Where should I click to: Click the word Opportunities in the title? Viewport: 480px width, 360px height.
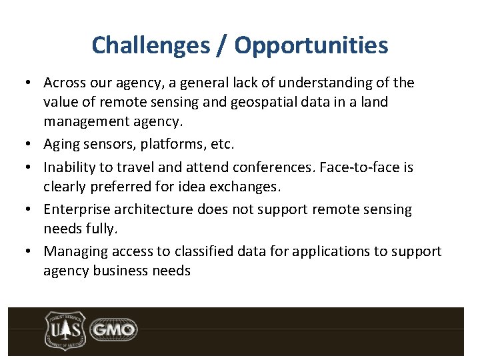click(311, 45)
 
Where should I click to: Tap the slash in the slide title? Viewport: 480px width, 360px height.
click(223, 45)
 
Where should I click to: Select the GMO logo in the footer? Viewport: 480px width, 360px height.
click(113, 329)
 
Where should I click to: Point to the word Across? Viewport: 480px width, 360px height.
click(64, 83)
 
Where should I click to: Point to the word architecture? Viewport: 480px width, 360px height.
click(152, 209)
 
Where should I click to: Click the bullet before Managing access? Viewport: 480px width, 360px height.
click(31, 252)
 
